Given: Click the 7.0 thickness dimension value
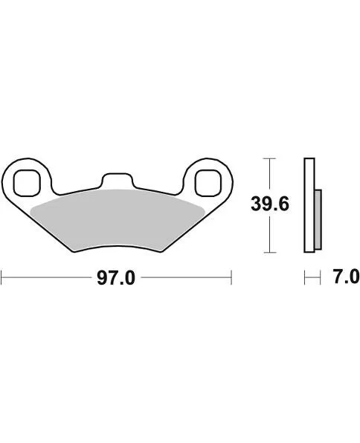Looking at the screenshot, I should click(x=345, y=278).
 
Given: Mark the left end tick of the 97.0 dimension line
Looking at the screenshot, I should click(x=2, y=278).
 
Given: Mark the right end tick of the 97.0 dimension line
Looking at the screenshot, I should click(x=232, y=278).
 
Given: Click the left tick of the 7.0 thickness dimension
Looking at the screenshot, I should click(x=306, y=278).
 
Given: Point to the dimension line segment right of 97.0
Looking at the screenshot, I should click(x=186, y=278).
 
